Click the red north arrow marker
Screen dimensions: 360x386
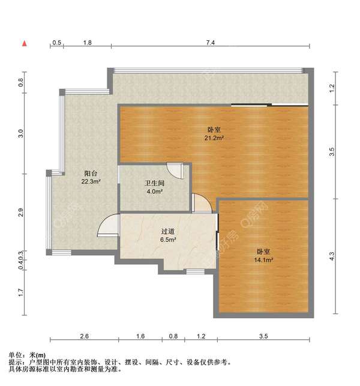[x=25, y=44]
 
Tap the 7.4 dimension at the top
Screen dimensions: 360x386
[x=211, y=43]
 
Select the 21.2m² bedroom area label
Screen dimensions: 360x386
[x=214, y=138]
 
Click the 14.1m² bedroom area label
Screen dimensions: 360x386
[x=263, y=260]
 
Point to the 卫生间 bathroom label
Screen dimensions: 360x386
[x=155, y=183]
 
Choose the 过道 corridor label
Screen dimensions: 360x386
[x=168, y=231]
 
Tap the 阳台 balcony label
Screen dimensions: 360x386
[x=91, y=173]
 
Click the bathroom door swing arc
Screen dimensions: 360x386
[x=175, y=170]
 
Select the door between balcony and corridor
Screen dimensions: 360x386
[x=108, y=225]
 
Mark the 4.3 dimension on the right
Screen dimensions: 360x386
[x=332, y=256]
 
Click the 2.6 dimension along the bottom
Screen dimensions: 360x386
[x=84, y=336]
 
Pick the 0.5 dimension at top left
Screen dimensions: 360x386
[x=56, y=43]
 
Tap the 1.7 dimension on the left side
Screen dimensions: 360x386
[x=20, y=292]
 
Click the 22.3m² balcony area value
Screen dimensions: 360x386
[x=91, y=182]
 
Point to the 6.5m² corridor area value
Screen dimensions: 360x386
[x=168, y=240]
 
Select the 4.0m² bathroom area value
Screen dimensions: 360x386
[x=155, y=191]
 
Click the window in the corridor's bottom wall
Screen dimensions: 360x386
[x=196, y=271]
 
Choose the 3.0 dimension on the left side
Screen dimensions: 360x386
[x=20, y=133]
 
